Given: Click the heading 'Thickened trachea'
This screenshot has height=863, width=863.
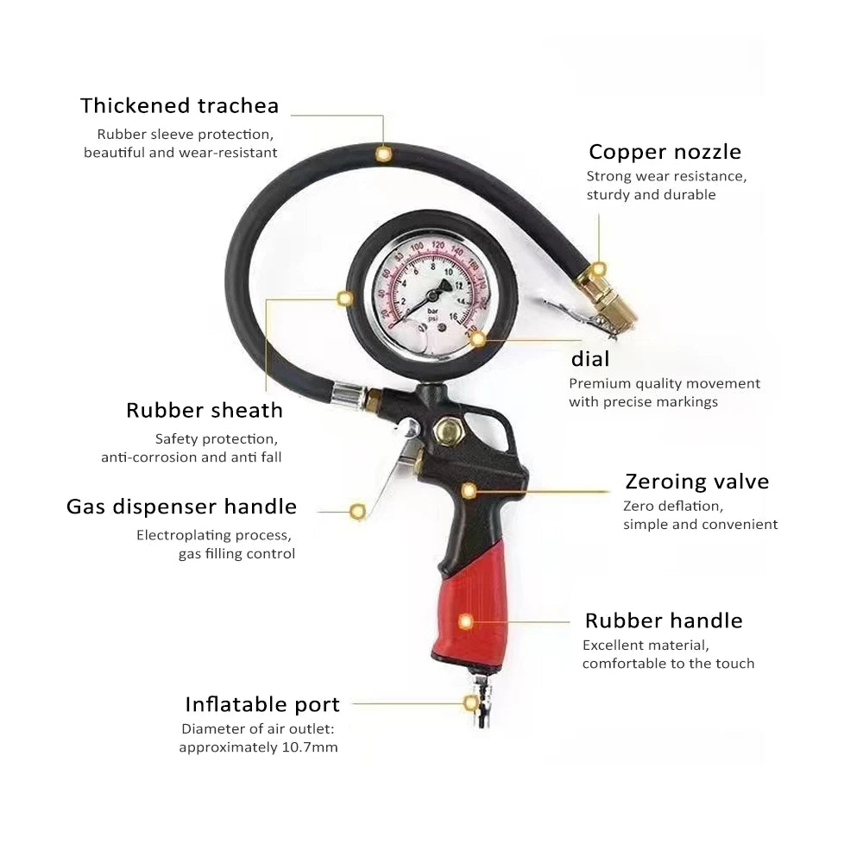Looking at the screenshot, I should [180, 106].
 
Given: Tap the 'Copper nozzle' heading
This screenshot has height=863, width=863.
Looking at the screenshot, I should [665, 152].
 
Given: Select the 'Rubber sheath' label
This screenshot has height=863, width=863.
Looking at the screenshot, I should [205, 410].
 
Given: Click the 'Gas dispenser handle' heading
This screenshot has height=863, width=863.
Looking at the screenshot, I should [181, 507].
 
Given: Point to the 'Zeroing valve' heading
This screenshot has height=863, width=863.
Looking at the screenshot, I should [696, 482].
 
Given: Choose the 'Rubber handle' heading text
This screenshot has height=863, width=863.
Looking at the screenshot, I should [663, 620].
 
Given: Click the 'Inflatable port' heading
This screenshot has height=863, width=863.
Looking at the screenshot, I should [262, 704].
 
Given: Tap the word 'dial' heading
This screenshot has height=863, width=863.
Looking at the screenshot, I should [590, 359].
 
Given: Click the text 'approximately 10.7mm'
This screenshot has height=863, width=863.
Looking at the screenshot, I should [258, 746].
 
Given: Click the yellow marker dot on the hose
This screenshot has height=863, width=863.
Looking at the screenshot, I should [383, 154].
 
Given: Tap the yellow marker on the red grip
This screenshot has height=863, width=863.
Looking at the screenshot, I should [466, 620].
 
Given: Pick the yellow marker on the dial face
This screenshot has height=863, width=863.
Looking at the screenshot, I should [477, 338].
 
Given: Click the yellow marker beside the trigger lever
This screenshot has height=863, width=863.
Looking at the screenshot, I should [357, 511].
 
